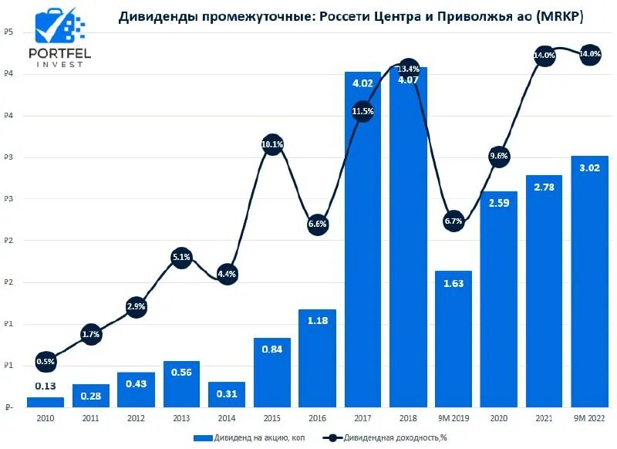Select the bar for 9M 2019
point(453,339)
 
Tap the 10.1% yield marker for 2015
point(272,144)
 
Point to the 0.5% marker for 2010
point(46,362)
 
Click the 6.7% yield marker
point(453,221)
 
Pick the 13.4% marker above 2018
point(408,69)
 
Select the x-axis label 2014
point(227,418)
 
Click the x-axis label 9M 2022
point(590,418)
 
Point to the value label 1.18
point(318,320)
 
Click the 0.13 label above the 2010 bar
point(46,387)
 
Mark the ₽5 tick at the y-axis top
point(8,32)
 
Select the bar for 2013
point(181,384)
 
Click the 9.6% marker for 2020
point(499,157)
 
